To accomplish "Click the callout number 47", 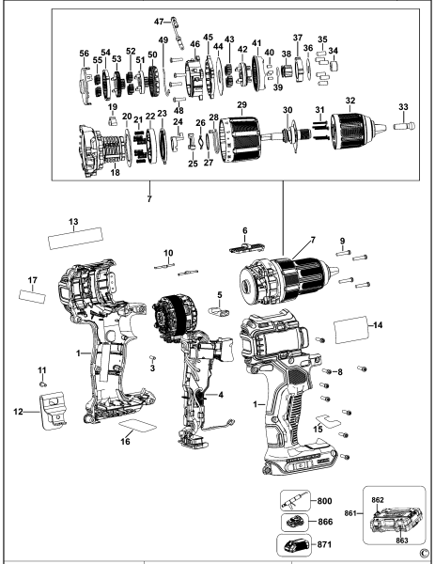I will click(x=158, y=20).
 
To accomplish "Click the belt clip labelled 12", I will click(x=54, y=409).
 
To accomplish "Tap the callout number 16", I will click(x=124, y=439).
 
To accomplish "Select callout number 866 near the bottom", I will click(x=327, y=522).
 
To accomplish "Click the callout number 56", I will click(x=84, y=53).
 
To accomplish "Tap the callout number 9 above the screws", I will click(x=342, y=241).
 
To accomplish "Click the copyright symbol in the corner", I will click(x=424, y=553).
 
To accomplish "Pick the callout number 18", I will click(x=116, y=173).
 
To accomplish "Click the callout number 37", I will click(x=298, y=38).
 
